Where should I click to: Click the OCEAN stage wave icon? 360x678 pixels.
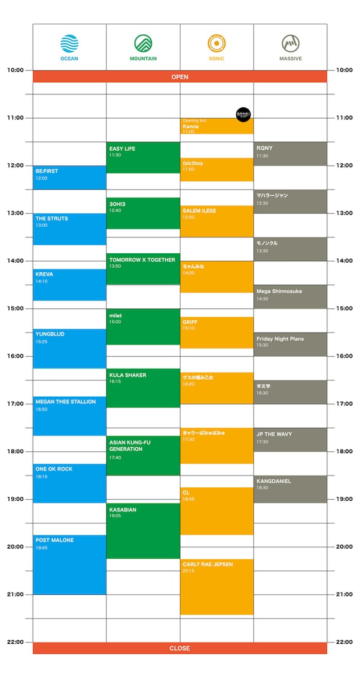[x=69, y=43]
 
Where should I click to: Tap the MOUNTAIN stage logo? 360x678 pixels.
[x=143, y=43]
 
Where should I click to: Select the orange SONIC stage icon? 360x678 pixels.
[x=217, y=43]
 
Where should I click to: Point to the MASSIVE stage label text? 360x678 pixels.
[x=290, y=59]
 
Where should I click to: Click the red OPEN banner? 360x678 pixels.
[x=180, y=77]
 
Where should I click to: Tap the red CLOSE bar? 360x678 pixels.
[x=180, y=648]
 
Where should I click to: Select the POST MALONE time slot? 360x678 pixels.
[x=70, y=564]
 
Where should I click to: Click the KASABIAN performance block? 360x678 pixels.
[x=143, y=531]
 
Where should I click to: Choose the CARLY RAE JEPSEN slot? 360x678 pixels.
[x=217, y=586]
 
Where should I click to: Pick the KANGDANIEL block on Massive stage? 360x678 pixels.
[x=290, y=489]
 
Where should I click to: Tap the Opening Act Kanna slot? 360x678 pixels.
[x=217, y=126]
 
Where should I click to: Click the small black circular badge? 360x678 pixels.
[x=243, y=114]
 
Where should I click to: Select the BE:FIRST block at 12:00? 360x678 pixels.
[x=70, y=177]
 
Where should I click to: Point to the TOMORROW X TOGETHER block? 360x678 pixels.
[x=143, y=268]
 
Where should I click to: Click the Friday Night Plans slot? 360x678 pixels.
[x=290, y=344]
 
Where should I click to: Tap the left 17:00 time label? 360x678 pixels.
[x=16, y=403]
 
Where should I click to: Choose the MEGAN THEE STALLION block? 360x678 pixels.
[x=70, y=415]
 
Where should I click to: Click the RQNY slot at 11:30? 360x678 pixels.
[x=290, y=154]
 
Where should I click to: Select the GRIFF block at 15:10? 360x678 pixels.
[x=217, y=332]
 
